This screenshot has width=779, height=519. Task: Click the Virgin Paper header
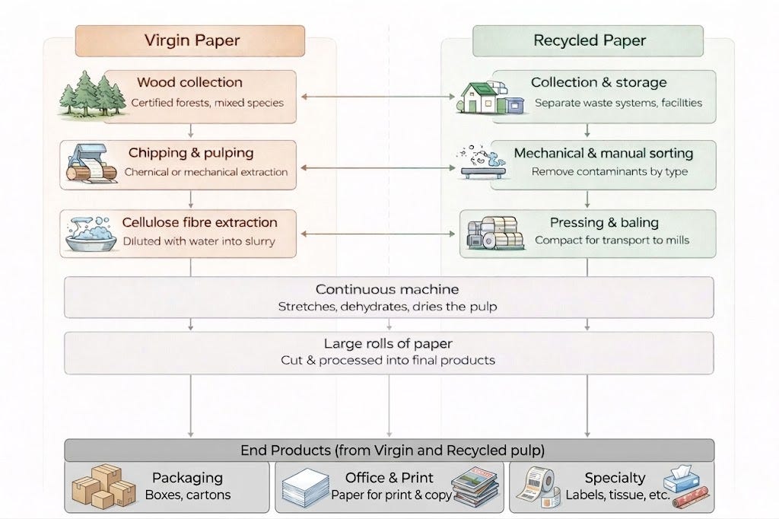pyautogui.click(x=190, y=41)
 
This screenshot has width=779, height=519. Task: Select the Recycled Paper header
pyautogui.click(x=588, y=41)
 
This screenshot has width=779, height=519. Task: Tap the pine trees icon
pyautogui.click(x=91, y=94)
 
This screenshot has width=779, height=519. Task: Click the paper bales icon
pyautogui.click(x=494, y=233)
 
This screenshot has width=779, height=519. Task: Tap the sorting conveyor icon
pyautogui.click(x=482, y=162)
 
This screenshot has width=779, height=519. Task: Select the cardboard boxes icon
pyautogui.click(x=103, y=486)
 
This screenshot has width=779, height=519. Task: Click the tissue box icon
pyautogui.click(x=681, y=478)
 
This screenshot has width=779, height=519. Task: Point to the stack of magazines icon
pyautogui.click(x=475, y=487)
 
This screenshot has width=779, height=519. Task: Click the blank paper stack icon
pyautogui.click(x=306, y=487)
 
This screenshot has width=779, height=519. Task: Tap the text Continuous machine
pyautogui.click(x=387, y=289)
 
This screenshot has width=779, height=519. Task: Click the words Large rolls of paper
pyautogui.click(x=388, y=343)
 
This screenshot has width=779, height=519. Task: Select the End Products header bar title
pyautogui.click(x=393, y=451)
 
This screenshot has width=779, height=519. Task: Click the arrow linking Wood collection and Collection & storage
pyautogui.click(x=378, y=97)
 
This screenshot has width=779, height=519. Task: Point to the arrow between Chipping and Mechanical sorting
pyautogui.click(x=378, y=168)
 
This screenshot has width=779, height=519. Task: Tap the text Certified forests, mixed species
pyautogui.click(x=207, y=103)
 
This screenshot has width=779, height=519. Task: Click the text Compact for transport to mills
pyautogui.click(x=612, y=240)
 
